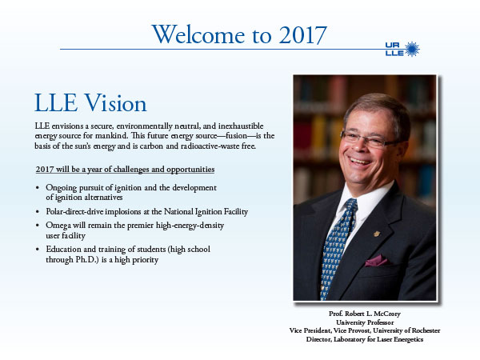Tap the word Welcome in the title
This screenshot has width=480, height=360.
(198, 34)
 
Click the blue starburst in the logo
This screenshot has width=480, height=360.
(412, 49)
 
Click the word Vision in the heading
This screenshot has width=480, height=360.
(115, 103)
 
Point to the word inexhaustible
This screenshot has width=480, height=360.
(241, 126)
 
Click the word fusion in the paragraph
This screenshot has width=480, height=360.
(236, 136)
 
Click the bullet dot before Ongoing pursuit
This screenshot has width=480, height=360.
(38, 188)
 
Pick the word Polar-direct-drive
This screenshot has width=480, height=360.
(74, 211)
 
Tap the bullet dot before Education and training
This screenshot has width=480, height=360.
(38, 250)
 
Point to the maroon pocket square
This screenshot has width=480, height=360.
(376, 261)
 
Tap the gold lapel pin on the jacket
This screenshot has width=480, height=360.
(377, 234)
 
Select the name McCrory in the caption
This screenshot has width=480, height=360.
(387, 314)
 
